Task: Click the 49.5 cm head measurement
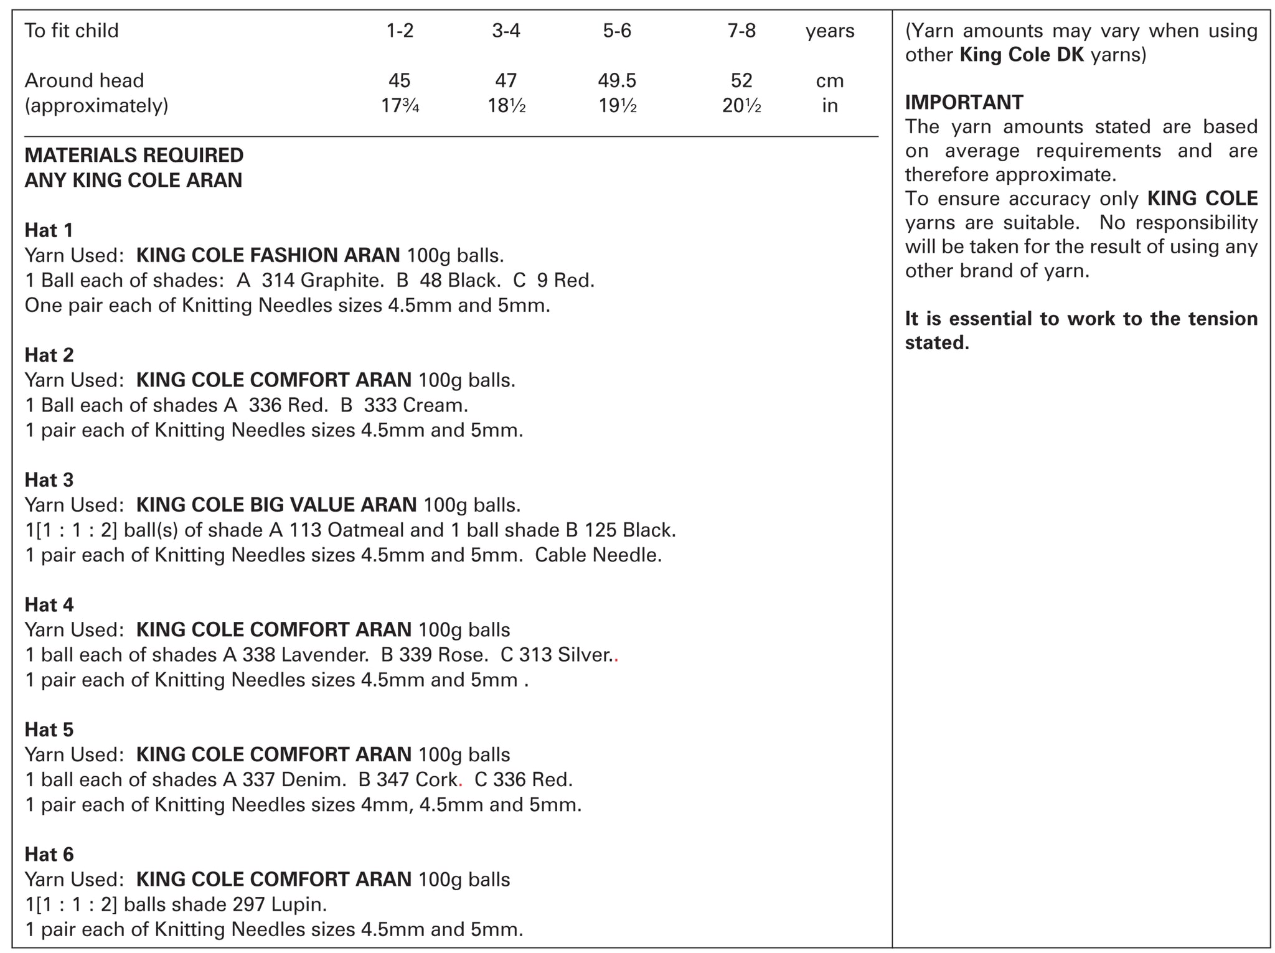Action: [x=617, y=80]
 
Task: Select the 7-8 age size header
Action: [x=741, y=31]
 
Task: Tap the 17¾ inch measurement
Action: [x=400, y=106]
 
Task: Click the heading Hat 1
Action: [x=49, y=230]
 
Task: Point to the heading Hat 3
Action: [x=49, y=480]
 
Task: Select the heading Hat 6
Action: [x=49, y=855]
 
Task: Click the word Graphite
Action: [x=341, y=281]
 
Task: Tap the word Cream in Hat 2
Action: [x=435, y=405]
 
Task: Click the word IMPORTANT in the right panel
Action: [x=964, y=102]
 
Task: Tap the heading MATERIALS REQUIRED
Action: [x=134, y=155]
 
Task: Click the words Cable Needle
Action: [x=598, y=555]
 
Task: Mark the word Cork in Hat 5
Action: [x=438, y=779]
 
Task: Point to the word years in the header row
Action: [x=830, y=31]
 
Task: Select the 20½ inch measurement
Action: [x=741, y=106]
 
